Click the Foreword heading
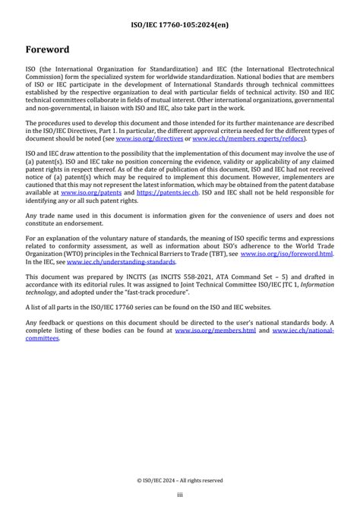click(x=48, y=49)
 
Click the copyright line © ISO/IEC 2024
click(x=180, y=480)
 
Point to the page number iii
click(x=180, y=495)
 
